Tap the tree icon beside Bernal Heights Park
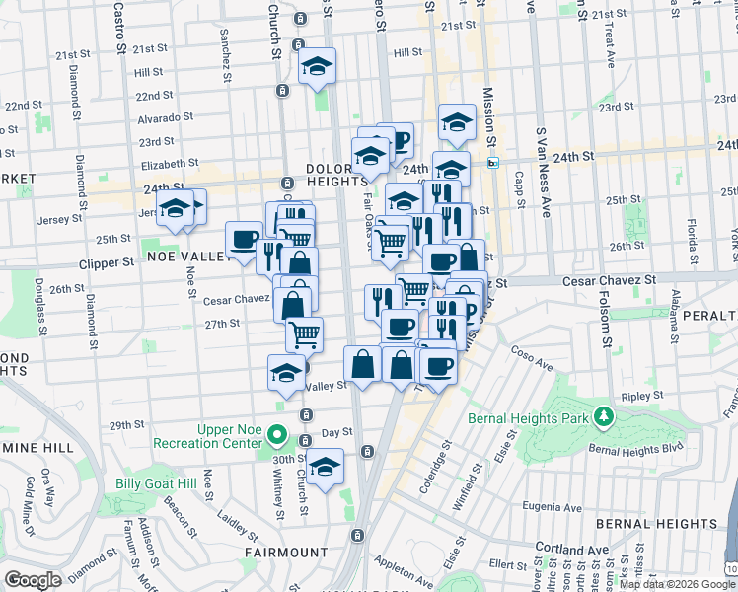coord(604,419)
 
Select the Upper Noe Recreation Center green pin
coord(278,435)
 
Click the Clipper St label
coord(107,263)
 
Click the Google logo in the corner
coord(33,580)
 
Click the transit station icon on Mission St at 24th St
coord(492,163)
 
